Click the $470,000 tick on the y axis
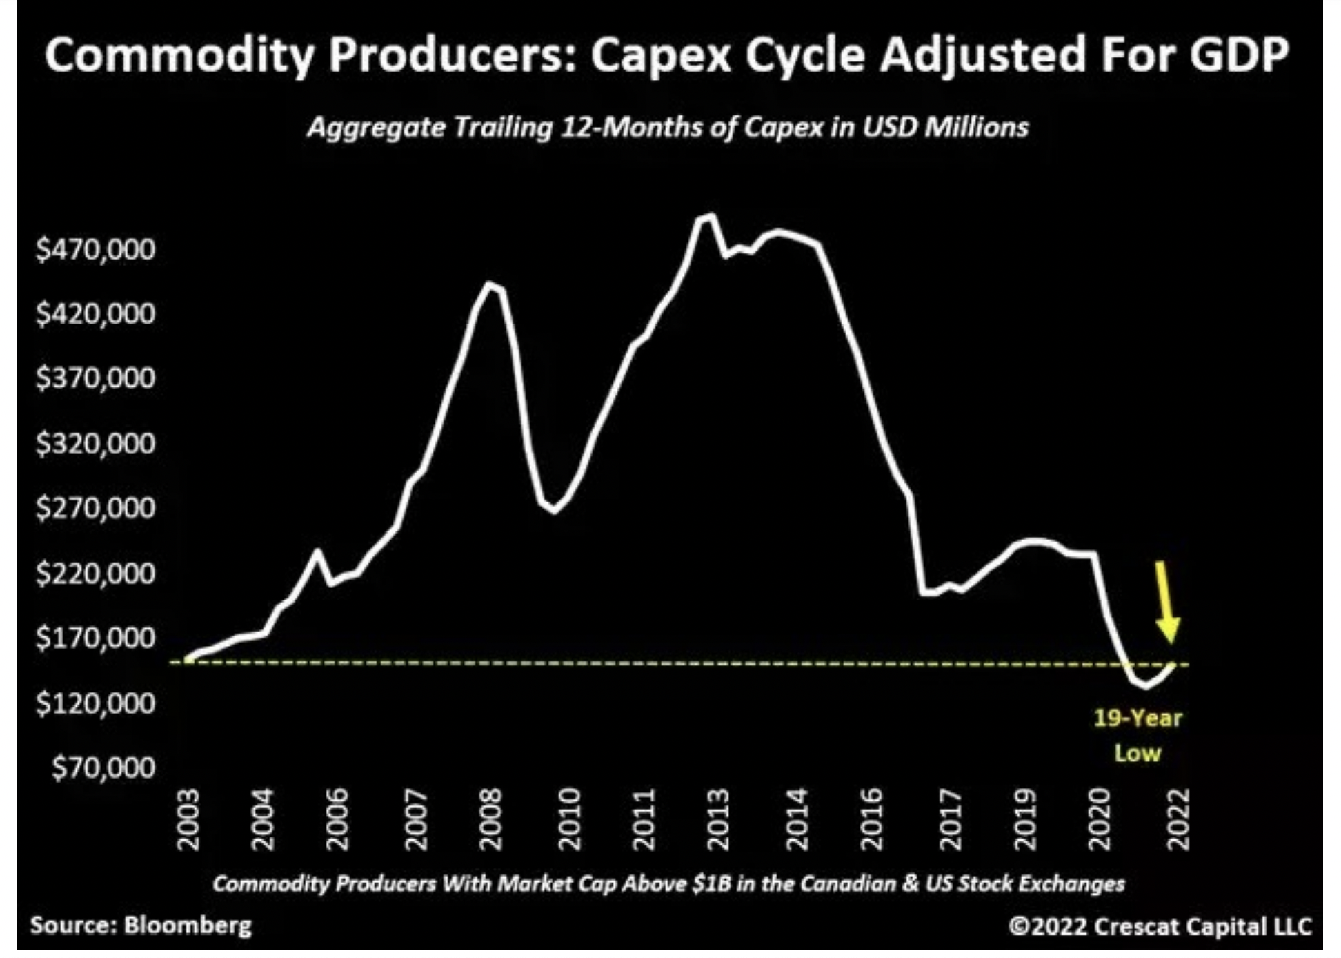pos(95,249)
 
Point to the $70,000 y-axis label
pos(103,768)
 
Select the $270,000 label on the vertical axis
pos(95,509)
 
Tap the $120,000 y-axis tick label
pos(95,703)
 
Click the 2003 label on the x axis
pos(188,819)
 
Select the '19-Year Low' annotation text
pos(1138,736)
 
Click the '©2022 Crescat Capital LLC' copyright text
pos(1160,926)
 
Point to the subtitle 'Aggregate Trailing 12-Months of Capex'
pos(566,128)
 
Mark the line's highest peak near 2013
pos(711,216)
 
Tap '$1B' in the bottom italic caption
pos(711,884)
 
